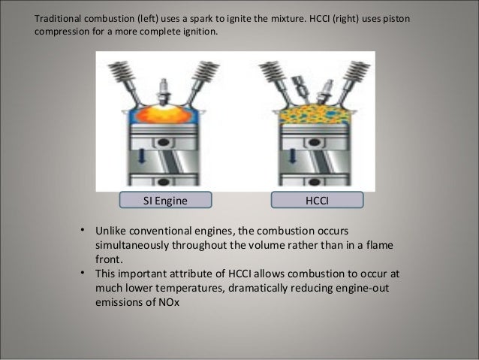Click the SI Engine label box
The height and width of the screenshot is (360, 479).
pyautogui.click(x=164, y=199)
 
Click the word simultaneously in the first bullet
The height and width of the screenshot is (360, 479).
pyautogui.click(x=138, y=246)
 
